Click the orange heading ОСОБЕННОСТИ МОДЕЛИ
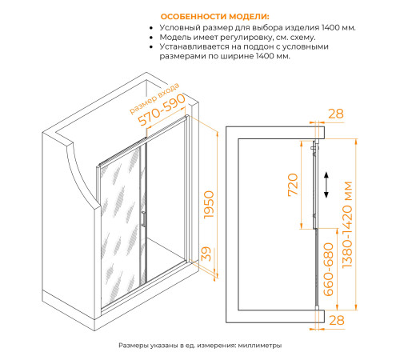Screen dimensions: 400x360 coord(215,17)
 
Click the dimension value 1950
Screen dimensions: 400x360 coord(209,205)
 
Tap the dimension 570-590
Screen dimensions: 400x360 coord(162,110)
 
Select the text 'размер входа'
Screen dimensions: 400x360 coord(154,98)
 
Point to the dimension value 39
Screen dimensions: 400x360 coord(206,254)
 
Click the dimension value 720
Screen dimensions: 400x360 coord(293,185)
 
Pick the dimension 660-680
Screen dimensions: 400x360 coord(328,270)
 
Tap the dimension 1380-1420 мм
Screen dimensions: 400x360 coord(348,225)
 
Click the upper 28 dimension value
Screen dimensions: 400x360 coord(336,114)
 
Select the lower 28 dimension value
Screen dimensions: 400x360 coord(337,320)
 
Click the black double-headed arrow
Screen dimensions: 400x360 coord(326,185)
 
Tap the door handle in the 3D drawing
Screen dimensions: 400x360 coord(143,219)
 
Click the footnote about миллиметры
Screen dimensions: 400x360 coord(200,346)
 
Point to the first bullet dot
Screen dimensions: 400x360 coord(151,28)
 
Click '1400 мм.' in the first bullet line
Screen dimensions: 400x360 coord(338,27)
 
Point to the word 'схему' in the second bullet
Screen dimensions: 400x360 coord(303,38)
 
